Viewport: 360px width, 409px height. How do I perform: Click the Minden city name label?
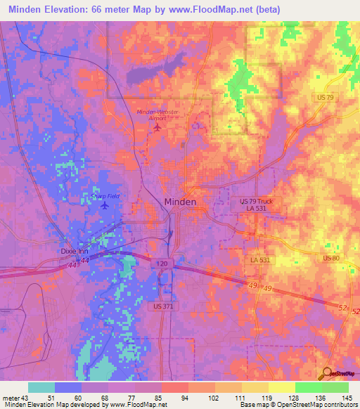pyautogui.click(x=180, y=202)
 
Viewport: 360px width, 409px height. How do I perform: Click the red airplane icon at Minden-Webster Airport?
pyautogui.click(x=157, y=127)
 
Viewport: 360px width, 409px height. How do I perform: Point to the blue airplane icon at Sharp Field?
pyautogui.click(x=105, y=206)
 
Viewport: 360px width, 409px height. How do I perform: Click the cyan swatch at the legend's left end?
pyautogui.click(x=41, y=387)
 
